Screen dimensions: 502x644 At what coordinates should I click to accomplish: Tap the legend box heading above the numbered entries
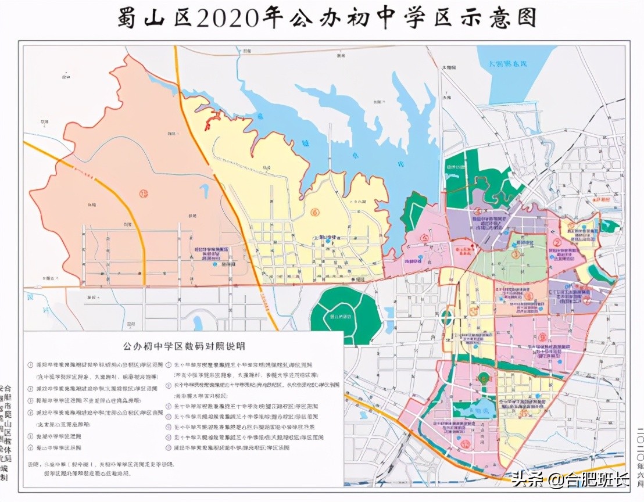pyautogui.click(x=183, y=346)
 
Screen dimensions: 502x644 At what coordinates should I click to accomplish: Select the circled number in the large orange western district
pyautogui.click(x=144, y=193)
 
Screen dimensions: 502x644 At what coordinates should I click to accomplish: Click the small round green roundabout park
pyautogui.click(x=447, y=318)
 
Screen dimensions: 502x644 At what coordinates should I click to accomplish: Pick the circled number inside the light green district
pyautogui.click(x=515, y=253)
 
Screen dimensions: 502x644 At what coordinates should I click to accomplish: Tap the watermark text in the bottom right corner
pyautogui.click(x=570, y=480)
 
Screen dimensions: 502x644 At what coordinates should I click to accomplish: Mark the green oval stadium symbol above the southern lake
pyautogui.click(x=482, y=379)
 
